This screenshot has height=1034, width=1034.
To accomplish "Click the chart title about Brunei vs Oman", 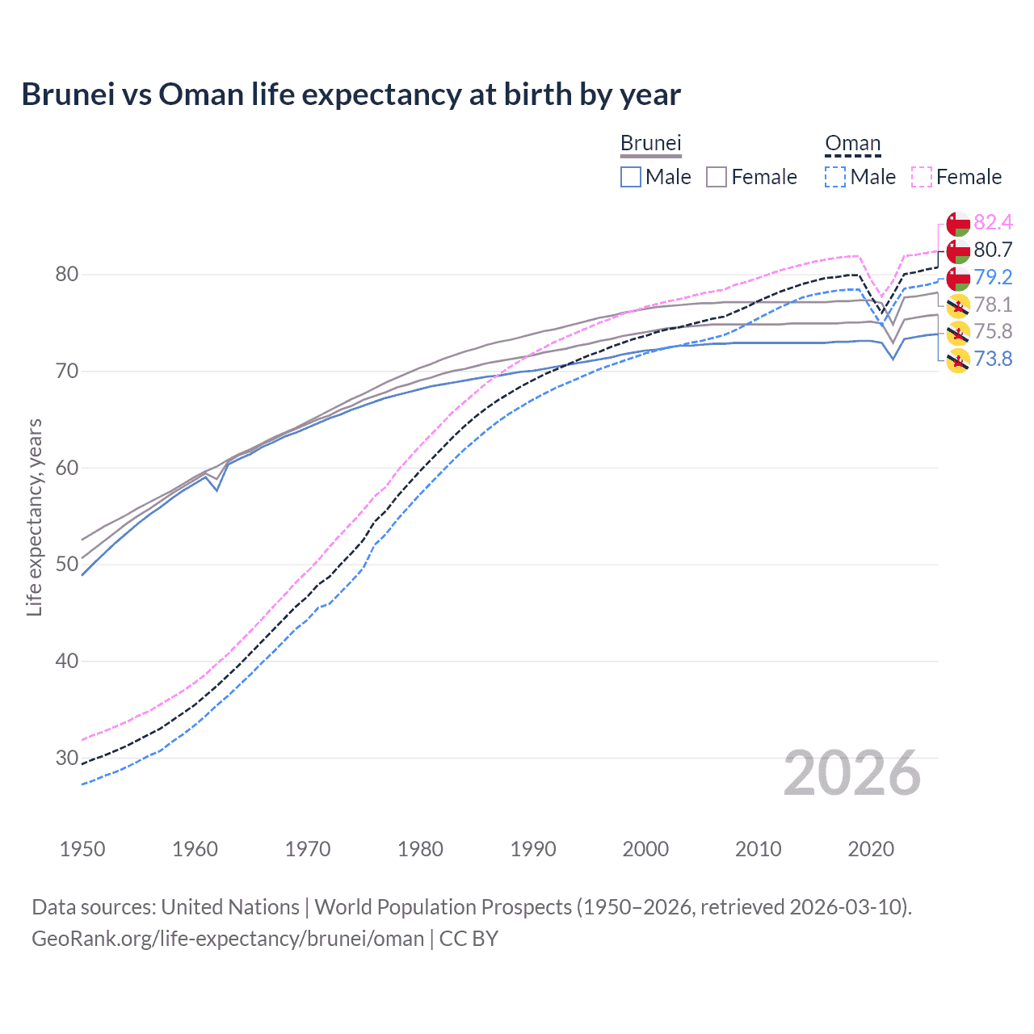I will click(x=351, y=95).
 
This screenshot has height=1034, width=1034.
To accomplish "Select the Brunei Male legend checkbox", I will click(x=631, y=177).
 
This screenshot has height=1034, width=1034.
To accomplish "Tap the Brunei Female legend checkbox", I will click(x=717, y=177).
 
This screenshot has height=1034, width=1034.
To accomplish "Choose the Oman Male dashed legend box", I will click(x=835, y=177).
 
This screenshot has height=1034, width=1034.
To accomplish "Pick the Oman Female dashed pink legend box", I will click(x=922, y=177).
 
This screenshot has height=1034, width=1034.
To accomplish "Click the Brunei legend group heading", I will click(x=651, y=143).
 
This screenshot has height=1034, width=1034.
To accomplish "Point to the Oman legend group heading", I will click(x=852, y=143).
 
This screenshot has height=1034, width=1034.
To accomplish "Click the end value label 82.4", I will click(x=993, y=222).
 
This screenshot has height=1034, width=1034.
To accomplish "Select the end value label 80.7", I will click(x=993, y=250).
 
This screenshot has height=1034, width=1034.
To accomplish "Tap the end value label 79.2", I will click(x=993, y=277).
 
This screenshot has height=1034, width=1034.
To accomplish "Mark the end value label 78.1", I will click(x=993, y=305).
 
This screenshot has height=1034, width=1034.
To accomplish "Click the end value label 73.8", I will click(x=993, y=359).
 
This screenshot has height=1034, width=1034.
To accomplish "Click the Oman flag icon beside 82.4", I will click(x=958, y=224).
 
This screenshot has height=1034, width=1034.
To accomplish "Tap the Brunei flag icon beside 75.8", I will click(x=958, y=333).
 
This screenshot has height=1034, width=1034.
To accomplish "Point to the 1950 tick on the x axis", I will click(x=82, y=849).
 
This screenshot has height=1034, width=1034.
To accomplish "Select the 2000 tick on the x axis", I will click(x=645, y=849).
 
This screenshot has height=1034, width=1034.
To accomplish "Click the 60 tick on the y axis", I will click(x=66, y=468).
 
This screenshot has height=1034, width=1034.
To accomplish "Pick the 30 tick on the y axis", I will click(x=66, y=758).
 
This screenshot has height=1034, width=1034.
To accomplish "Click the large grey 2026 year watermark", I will click(x=851, y=774).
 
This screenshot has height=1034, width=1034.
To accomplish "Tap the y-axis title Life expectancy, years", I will click(x=34, y=517).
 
